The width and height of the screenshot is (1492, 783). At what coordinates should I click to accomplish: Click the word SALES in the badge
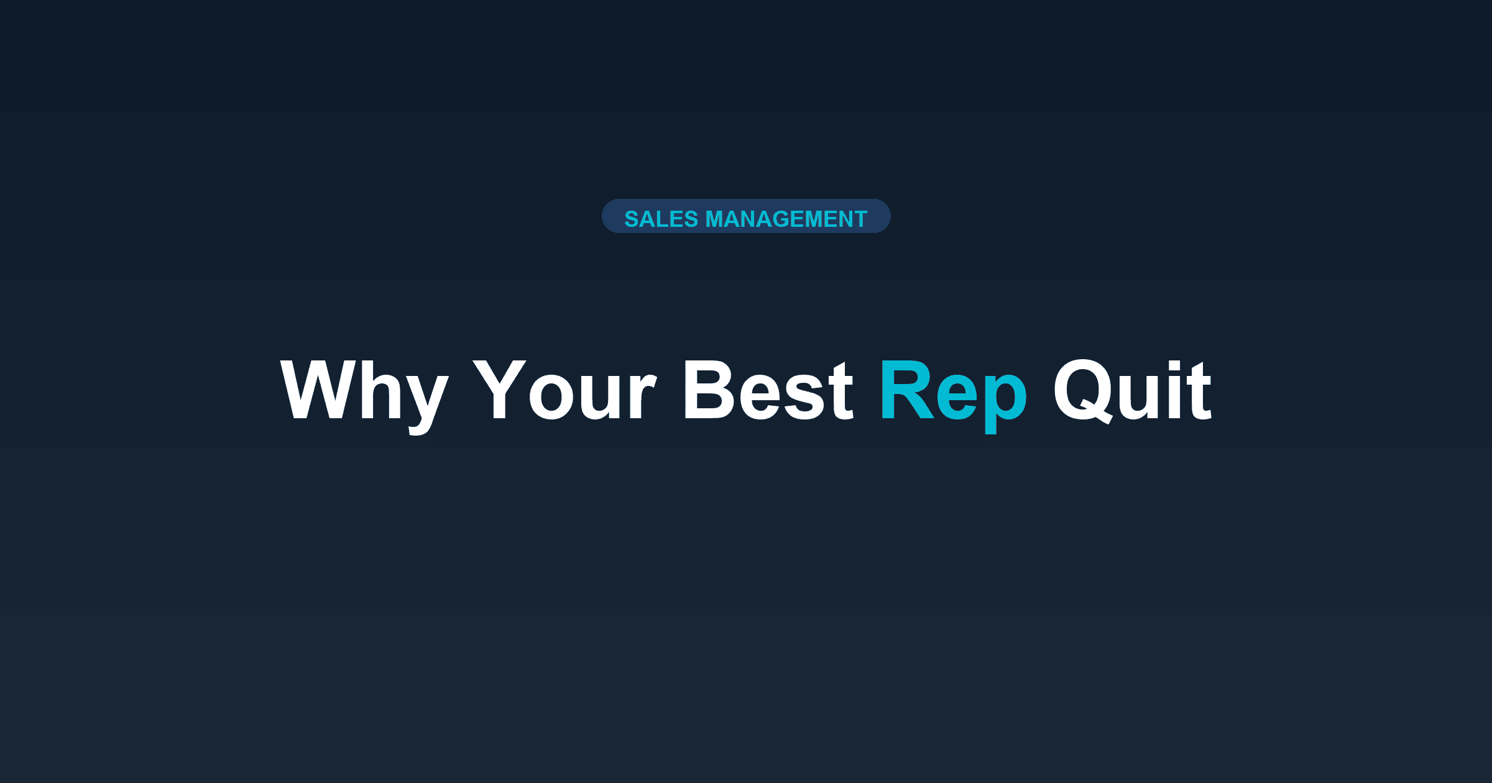661,219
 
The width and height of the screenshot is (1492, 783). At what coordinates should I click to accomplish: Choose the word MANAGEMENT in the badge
786,219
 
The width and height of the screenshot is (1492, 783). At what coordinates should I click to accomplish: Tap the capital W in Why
318,390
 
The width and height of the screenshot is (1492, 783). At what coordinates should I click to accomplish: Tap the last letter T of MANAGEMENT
860,219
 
